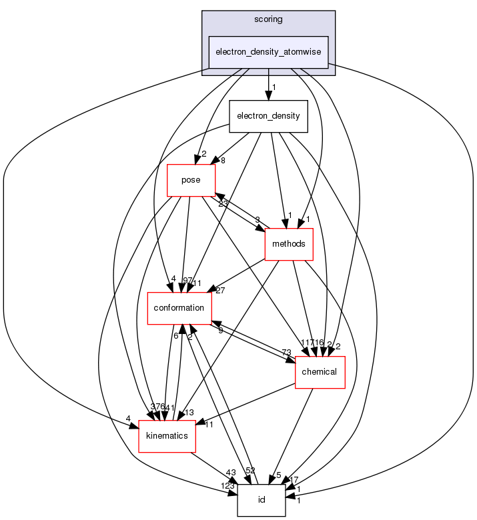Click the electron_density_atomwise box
(269, 52)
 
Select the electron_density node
(268, 116)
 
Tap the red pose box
(191, 180)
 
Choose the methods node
(289, 243)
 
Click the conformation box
(179, 307)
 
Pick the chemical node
(320, 371)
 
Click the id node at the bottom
(262, 500)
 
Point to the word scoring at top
(268, 19)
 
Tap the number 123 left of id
(228, 486)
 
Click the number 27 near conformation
(221, 291)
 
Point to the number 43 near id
(231, 473)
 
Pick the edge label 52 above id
(251, 471)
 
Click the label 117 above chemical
(307, 343)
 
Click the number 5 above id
(279, 475)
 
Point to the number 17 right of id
(294, 479)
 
